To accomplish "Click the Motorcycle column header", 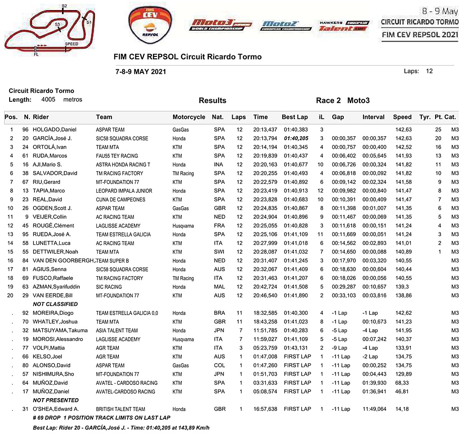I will [x=189, y=117].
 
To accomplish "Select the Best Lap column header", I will [x=295, y=117].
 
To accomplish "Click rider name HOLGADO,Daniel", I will [x=54, y=130].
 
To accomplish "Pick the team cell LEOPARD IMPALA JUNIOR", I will [x=123, y=191].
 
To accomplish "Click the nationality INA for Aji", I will [x=219, y=165].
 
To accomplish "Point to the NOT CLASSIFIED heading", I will [x=55, y=304].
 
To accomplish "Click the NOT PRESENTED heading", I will [x=56, y=400].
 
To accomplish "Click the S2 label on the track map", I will [x=64, y=6].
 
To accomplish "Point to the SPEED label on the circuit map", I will [x=71, y=44].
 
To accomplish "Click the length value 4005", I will [x=48, y=100].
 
